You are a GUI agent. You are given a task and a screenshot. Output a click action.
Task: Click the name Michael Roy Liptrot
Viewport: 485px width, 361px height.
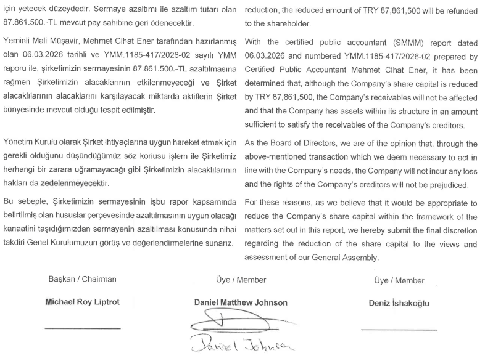[x=82, y=303]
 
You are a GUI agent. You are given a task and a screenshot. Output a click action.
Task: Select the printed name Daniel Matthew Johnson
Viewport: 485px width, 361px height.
[x=241, y=303]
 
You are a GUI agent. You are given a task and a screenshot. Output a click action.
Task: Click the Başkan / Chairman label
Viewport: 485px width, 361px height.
[x=82, y=280]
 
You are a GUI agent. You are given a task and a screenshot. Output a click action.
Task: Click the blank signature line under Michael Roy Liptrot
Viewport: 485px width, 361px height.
[x=82, y=328]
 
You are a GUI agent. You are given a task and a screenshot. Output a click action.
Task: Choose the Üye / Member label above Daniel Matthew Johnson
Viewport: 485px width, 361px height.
[x=241, y=280]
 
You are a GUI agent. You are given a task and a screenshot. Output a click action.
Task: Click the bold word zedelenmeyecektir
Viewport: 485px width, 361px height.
[x=74, y=184]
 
